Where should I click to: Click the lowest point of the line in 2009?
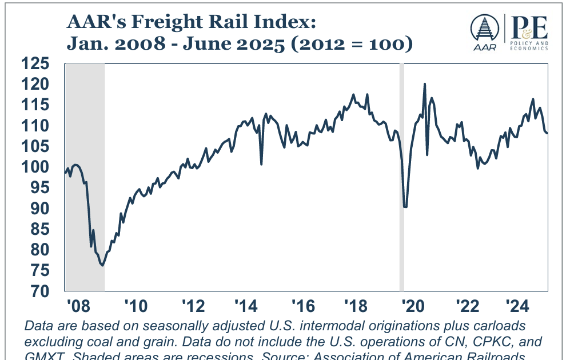click(102, 265)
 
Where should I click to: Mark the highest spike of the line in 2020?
click(424, 84)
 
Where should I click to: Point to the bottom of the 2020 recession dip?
click(405, 206)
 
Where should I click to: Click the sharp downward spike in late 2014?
click(261, 164)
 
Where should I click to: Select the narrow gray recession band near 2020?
click(401, 177)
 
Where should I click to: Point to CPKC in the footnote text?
click(477, 341)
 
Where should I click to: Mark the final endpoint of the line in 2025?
click(547, 133)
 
